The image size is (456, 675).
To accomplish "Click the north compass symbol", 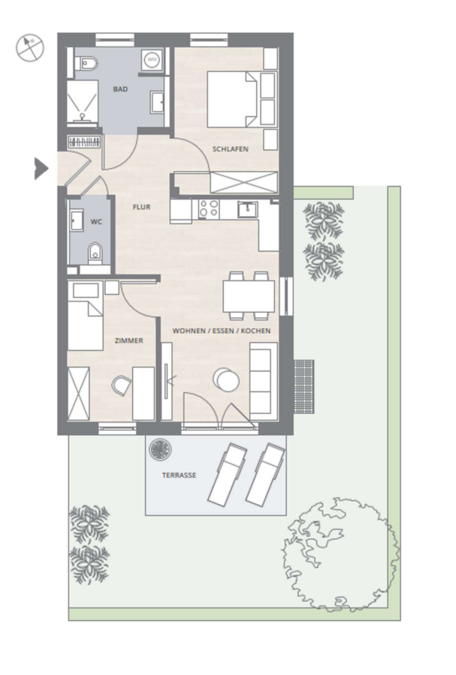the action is point(30,48).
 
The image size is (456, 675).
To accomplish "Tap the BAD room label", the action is point(120,89).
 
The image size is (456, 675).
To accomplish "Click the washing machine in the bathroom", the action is point(151,59).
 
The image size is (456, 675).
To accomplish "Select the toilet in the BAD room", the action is point(87,64).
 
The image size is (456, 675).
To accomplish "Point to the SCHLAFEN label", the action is point(230,149).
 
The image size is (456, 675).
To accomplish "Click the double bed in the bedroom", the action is point(233,100).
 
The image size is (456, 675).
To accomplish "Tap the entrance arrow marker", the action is point(41,168).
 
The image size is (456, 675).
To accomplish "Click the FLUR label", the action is point(141,207).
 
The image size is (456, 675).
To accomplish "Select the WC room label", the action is point(96,222).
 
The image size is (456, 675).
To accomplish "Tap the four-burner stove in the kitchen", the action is point(209,208).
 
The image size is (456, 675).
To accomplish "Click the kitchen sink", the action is point(247,209).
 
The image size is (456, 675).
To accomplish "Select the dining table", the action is point(249,296).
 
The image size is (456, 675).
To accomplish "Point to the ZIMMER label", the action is point(129,340).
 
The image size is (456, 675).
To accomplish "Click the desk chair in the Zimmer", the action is point(122,385).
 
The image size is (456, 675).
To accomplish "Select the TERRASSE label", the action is point(179,475).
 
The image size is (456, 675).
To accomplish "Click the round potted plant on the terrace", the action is point(160,449).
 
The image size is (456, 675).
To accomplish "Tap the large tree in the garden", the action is point(340,554).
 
